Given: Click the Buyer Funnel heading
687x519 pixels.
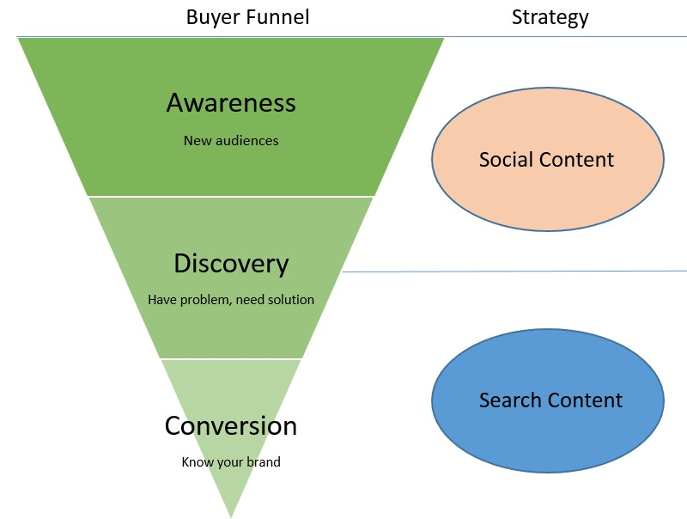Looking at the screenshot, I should point(247,16).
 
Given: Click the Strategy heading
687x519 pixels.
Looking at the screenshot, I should point(550,16).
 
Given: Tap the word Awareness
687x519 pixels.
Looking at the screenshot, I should point(231,103).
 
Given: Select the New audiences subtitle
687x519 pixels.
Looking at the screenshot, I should point(231,140).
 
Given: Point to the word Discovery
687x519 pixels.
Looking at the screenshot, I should point(231,263).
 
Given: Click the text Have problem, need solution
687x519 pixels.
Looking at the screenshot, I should point(231,300).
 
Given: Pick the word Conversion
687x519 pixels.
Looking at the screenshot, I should point(231,425).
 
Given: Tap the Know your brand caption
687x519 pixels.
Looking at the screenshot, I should point(231,461).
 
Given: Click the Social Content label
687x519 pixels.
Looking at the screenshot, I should point(546,160).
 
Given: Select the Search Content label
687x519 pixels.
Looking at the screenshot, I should point(550,400).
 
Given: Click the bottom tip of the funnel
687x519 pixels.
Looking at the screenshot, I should point(231,514).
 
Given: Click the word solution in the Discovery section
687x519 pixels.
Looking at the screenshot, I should point(290,300).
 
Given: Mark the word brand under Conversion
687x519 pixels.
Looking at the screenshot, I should point(264,461).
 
